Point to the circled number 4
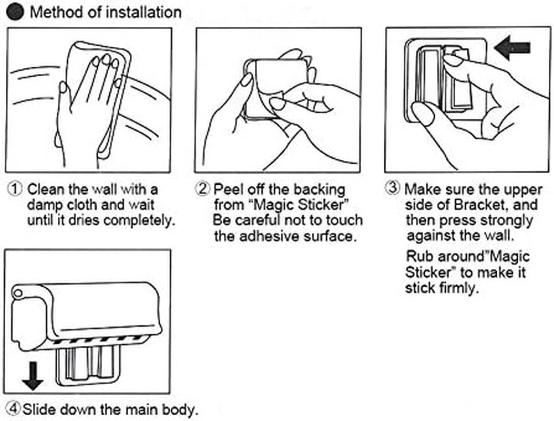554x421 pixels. (14, 408)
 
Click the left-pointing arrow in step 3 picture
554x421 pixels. (512, 49)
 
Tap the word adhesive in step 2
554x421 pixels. (269, 236)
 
